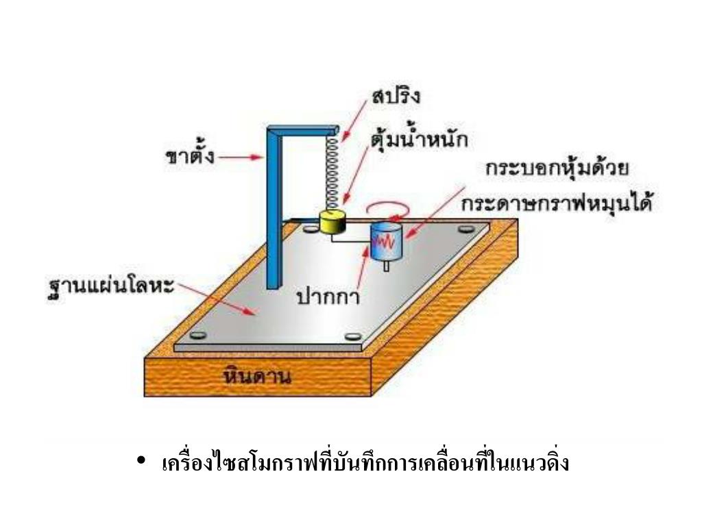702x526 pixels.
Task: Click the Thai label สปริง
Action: click(x=396, y=97)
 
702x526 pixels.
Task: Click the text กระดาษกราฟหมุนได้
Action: click(x=556, y=204)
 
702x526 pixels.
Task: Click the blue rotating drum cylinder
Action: click(x=387, y=242)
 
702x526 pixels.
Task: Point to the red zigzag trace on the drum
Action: click(x=386, y=241)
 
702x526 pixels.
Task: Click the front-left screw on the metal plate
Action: click(x=199, y=335)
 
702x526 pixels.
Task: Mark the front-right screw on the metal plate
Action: click(x=353, y=335)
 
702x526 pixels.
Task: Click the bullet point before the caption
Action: click(x=141, y=463)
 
